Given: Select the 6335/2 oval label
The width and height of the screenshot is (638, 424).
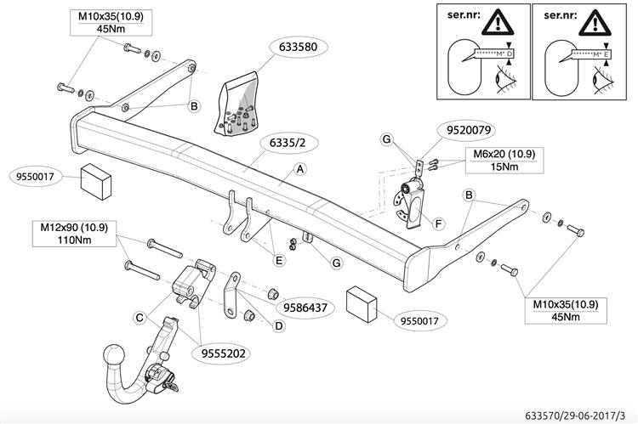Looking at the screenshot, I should [x=265, y=141].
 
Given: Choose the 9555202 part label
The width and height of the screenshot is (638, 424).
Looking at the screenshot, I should [x=225, y=351].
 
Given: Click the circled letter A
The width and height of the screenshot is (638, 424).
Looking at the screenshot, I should [x=299, y=170].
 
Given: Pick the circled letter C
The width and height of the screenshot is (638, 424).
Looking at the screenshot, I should [x=140, y=318].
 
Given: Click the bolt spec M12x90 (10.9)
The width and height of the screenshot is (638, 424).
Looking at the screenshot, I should [x=74, y=228].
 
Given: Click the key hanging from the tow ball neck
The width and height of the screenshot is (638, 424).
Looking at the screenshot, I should [x=173, y=387].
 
